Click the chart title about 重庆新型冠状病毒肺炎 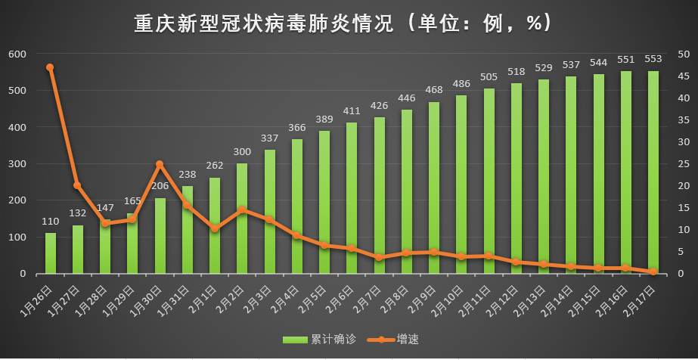(344, 23)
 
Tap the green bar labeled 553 (653, 172)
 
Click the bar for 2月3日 (270, 212)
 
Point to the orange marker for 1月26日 (50, 67)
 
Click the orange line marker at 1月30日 (160, 164)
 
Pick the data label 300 (242, 152)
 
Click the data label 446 (407, 98)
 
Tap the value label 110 (51, 222)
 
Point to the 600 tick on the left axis (17, 54)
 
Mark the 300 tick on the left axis (17, 164)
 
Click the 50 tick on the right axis (683, 54)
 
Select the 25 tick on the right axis (683, 164)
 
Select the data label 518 (517, 72)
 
